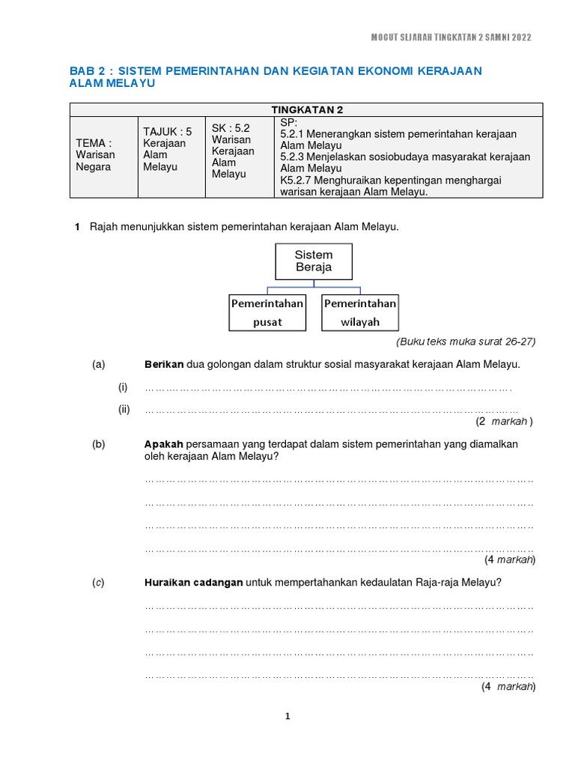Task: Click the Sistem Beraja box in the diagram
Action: point(314,261)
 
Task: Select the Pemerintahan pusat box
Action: point(267,312)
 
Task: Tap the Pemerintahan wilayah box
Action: point(360,312)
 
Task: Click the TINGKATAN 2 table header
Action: point(306,109)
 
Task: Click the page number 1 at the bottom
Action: point(287,716)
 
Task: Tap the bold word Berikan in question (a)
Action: point(164,365)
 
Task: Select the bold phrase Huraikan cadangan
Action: point(193,583)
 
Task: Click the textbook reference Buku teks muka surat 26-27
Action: point(466,342)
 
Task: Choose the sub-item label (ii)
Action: point(124,409)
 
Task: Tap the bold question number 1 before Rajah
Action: point(77,227)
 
